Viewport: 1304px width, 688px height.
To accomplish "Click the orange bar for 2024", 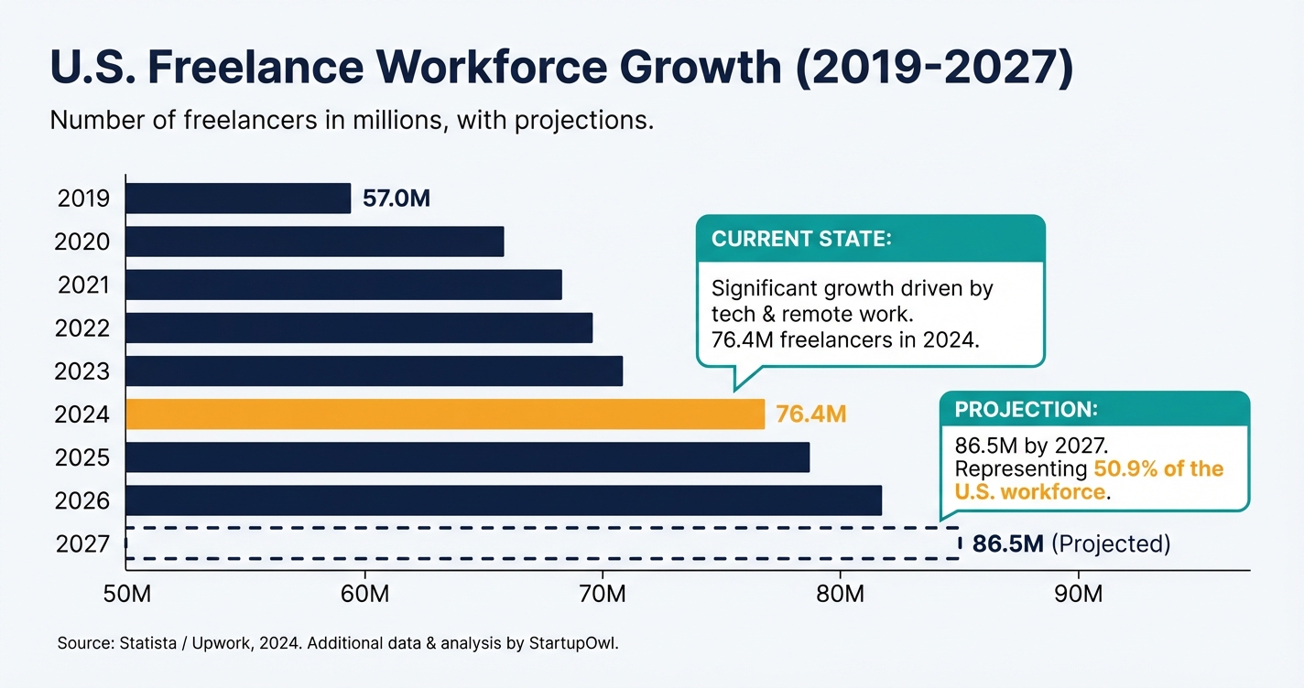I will click(445, 414).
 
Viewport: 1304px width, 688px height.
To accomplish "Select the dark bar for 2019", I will click(238, 199).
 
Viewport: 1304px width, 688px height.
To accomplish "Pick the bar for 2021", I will click(343, 285).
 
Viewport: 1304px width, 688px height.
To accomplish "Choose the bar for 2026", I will click(504, 500).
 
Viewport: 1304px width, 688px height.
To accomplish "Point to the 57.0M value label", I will click(396, 199).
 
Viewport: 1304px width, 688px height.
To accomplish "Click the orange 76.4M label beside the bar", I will click(810, 414).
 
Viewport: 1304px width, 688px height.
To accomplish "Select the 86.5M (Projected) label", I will click(1070, 544).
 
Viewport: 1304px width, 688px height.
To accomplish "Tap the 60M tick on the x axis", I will click(364, 594).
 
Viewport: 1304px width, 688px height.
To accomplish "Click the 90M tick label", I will click(1079, 594).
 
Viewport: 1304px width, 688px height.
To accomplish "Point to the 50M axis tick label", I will click(125, 594).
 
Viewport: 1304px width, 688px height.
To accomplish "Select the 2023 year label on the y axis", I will click(82, 371).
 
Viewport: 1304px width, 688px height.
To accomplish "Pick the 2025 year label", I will click(82, 457).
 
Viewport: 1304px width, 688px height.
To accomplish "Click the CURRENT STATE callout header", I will click(801, 239).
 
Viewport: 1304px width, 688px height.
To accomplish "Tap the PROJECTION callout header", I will click(1026, 409).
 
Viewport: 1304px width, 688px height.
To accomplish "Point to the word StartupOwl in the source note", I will click(574, 643).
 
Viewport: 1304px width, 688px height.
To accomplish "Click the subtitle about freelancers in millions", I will click(352, 120).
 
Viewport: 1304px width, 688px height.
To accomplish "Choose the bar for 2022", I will click(359, 328).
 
